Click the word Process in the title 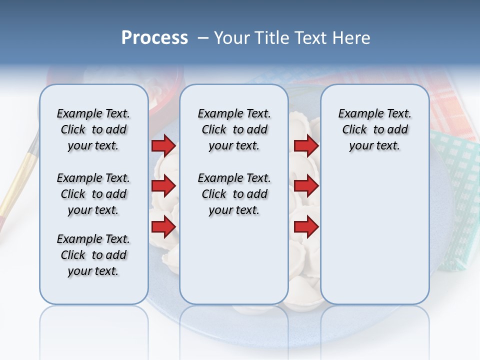pos(154,38)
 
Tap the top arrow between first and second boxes pos(163,145)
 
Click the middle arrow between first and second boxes pos(163,186)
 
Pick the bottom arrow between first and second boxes pos(163,227)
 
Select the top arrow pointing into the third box pos(306,145)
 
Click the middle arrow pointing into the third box pos(306,186)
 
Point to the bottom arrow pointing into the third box pos(306,227)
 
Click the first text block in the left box pos(93,129)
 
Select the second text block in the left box pos(93,194)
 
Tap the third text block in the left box pos(93,255)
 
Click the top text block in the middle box pos(234,129)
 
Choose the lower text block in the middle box pos(234,194)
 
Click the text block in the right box pos(374,129)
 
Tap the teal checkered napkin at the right pos(457,200)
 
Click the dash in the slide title pos(203,38)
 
